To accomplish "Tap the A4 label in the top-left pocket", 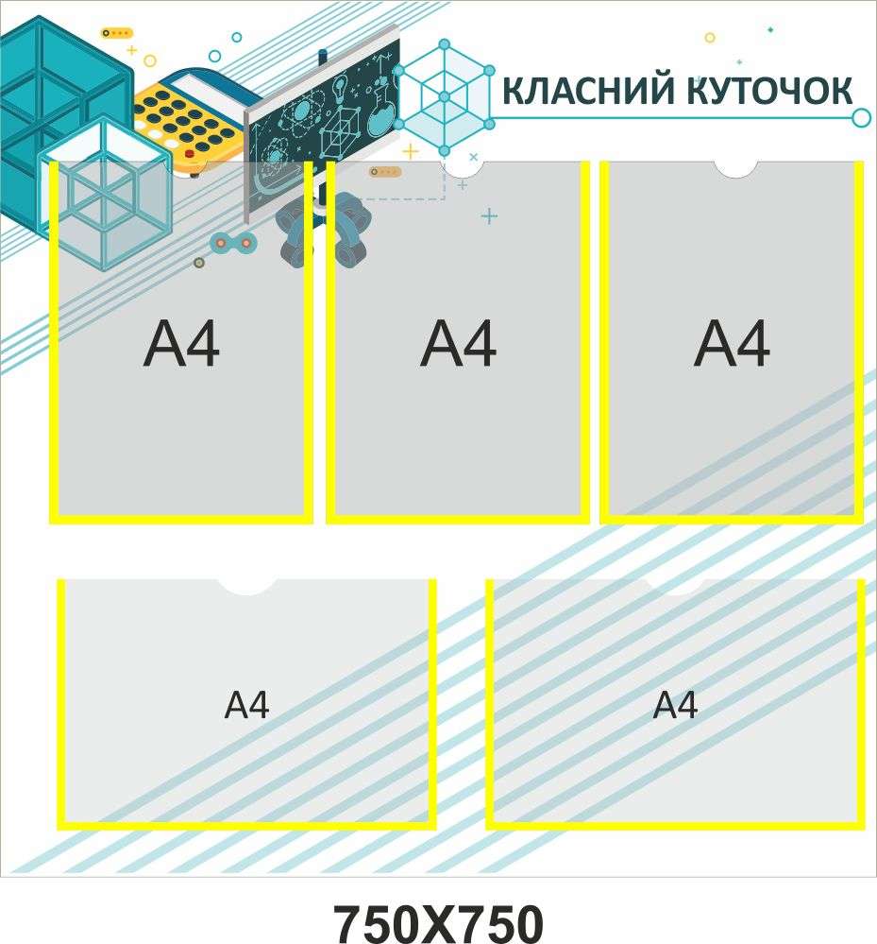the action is (181, 343).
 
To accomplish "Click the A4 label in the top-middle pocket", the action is (459, 343).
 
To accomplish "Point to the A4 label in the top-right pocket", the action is (732, 343).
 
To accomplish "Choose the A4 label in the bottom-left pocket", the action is (246, 705).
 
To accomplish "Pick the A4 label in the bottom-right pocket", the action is (675, 705).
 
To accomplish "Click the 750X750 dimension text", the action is (438, 923).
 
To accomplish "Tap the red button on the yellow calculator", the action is (190, 154).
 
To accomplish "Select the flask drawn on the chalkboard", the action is (380, 111).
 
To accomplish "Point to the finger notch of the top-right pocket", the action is (735, 169).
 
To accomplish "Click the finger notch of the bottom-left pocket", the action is (246, 587).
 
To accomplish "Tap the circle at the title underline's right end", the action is (861, 118).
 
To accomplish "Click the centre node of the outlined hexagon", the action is (445, 96).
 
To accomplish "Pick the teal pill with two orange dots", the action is (233, 243).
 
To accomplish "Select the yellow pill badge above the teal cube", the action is (117, 33).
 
